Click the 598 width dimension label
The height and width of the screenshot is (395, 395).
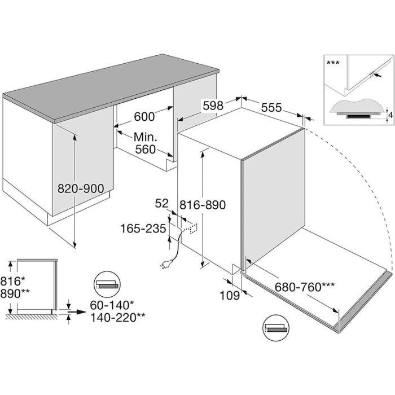(213, 106)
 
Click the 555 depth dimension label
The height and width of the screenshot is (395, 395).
(271, 108)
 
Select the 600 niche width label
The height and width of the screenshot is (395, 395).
(144, 117)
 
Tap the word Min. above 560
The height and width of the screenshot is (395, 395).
(146, 137)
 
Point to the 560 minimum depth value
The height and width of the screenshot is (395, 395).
(146, 150)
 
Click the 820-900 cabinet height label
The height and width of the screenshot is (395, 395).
(81, 188)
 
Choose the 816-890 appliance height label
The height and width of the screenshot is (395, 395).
(202, 205)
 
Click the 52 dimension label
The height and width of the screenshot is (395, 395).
(161, 204)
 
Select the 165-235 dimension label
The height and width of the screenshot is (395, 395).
(143, 229)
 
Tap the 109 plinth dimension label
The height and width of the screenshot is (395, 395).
(230, 295)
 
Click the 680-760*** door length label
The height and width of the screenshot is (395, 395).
(305, 287)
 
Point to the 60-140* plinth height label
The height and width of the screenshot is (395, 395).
(112, 305)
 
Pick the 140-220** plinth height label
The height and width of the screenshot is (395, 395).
(117, 318)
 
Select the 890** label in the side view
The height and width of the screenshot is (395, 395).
(15, 293)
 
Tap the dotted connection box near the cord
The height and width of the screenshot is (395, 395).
(194, 228)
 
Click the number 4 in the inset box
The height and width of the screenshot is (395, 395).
(390, 115)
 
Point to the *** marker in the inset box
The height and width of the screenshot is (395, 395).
(333, 63)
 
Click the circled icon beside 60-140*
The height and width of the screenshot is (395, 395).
(107, 284)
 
